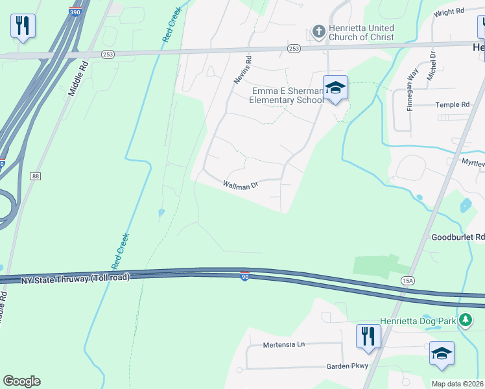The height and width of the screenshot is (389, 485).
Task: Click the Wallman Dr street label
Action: (241, 185)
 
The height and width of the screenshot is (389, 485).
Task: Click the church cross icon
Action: (318, 30)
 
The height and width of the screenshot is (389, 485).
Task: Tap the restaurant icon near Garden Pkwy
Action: (367, 336)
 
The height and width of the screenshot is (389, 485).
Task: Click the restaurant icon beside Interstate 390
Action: (23, 26)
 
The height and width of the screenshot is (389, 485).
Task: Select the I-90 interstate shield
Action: (244, 277)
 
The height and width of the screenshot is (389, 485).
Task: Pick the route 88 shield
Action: (35, 176)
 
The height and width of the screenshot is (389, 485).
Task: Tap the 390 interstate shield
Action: (76, 12)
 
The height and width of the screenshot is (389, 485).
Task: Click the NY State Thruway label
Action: (75, 277)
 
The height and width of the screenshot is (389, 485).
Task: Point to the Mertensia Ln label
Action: (283, 345)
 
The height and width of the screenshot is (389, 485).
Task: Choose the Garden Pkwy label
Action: (348, 366)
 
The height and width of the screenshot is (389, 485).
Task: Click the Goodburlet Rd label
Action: (458, 238)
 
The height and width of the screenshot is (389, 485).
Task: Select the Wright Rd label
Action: (450, 12)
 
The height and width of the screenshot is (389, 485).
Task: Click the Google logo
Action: (22, 381)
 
